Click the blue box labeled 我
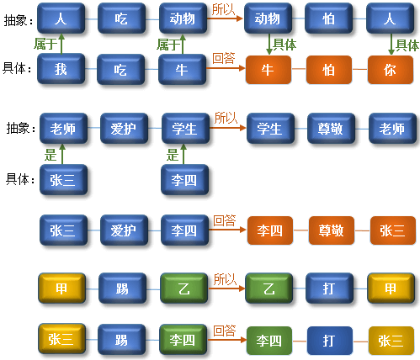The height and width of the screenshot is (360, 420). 61,69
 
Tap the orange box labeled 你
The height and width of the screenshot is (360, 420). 391,70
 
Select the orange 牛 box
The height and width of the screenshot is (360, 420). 268,70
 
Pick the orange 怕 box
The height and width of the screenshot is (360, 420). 329,70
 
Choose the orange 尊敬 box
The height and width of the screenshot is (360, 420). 332,230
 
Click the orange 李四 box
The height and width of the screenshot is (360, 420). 270,230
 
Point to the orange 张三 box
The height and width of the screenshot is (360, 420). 393,230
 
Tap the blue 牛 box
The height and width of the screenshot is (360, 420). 183,69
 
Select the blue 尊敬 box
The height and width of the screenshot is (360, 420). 332,129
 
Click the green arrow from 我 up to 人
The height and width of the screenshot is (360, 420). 61,44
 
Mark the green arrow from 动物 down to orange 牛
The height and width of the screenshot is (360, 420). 269,44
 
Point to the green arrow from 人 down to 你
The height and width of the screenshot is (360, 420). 391,44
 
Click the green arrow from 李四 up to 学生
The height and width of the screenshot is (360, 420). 183,154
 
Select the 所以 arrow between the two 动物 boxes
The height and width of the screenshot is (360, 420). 225,19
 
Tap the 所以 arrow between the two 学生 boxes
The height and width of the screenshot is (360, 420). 228,128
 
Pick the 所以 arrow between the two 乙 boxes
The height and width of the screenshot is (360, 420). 226,289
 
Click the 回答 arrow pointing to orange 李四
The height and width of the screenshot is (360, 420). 227,230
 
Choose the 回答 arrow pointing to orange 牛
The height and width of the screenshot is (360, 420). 226,68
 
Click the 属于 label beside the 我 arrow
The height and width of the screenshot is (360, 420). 45,44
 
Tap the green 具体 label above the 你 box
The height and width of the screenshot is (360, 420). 407,45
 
